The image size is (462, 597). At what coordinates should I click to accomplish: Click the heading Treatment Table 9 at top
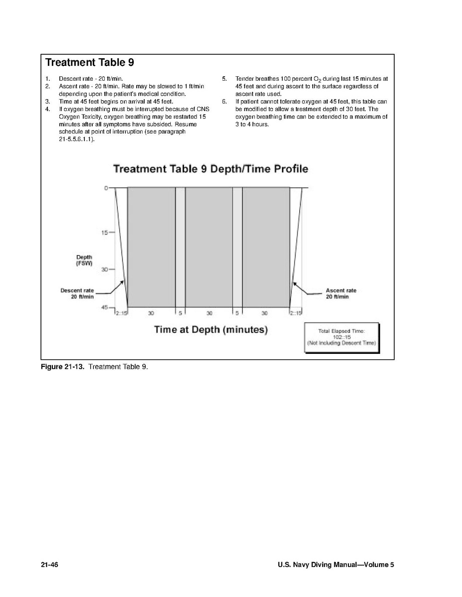tap(89, 63)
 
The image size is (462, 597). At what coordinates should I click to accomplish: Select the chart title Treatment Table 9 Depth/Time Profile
tap(211, 169)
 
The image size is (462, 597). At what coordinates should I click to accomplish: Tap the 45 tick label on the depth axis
tap(105, 307)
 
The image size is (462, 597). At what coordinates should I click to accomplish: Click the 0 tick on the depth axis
tap(106, 188)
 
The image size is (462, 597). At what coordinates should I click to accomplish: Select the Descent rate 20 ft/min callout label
tap(77, 294)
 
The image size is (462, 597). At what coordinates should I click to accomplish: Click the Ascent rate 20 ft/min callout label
tap(341, 294)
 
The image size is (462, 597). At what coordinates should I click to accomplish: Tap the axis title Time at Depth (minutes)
tap(211, 330)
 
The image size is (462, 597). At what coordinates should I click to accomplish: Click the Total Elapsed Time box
tap(342, 337)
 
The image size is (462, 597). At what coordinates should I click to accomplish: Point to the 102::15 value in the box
tap(342, 337)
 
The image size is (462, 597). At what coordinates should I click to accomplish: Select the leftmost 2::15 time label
tap(121, 313)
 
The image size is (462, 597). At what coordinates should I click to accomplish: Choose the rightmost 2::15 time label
tap(296, 313)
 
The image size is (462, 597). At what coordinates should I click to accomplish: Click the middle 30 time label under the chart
tap(209, 313)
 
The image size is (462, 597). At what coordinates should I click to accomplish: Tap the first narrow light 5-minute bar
tap(180, 247)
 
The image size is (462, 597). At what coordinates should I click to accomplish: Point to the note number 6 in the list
tap(224, 102)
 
